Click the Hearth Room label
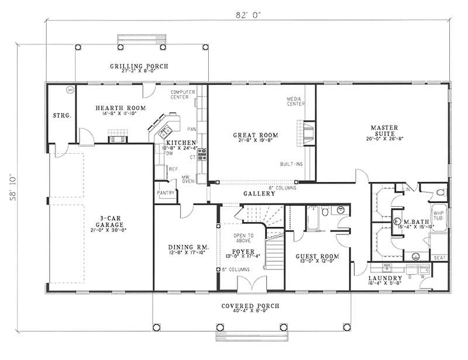pos(112,108)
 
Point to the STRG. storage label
pos(61,116)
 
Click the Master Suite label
pos(386,127)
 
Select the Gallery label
pos(260,193)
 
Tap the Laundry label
pos(386,278)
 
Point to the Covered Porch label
pos(250,306)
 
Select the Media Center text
pos(294,101)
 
